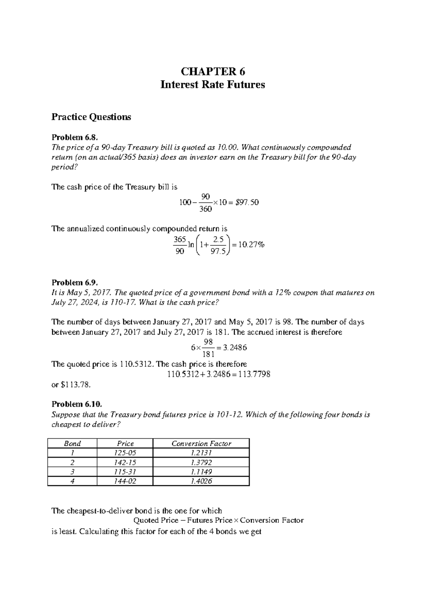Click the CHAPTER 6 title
point(213,72)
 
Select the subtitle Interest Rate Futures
point(213,85)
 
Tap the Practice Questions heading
point(91,117)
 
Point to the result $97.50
point(245,202)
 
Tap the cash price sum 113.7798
point(255,374)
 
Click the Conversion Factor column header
point(201,443)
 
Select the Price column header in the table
point(125,443)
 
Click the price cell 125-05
point(125,453)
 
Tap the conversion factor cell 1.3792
point(201,463)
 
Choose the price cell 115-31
point(125,472)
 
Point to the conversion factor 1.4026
point(201,481)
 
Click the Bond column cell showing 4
point(72,481)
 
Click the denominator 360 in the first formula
point(206,209)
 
